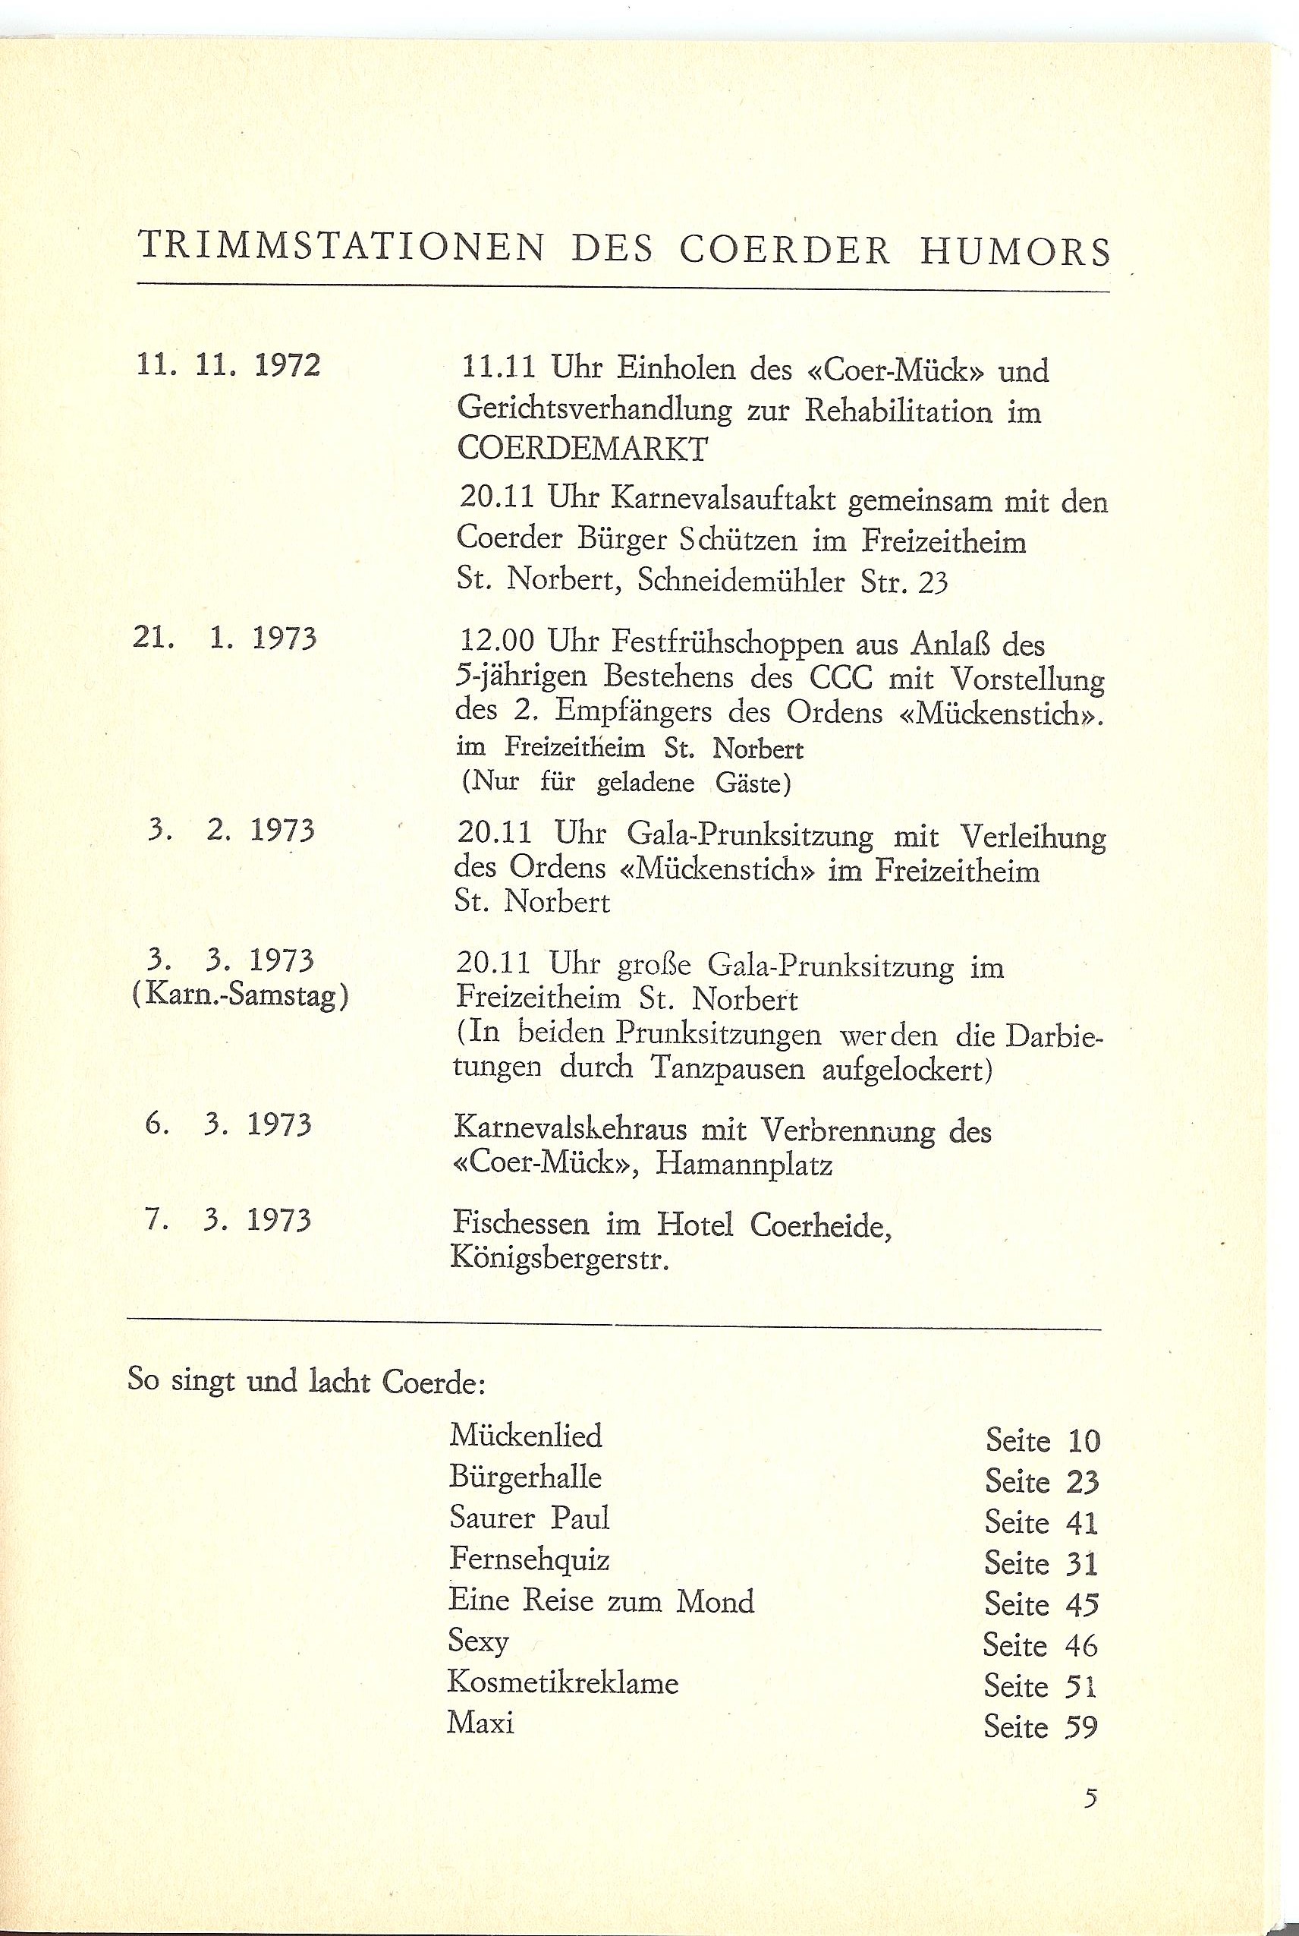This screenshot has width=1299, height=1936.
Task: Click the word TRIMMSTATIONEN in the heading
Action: (341, 248)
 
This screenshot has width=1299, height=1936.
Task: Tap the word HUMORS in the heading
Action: (1015, 251)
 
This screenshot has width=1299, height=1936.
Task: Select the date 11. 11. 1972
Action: (228, 365)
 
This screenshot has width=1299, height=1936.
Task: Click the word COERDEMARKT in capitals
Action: (583, 449)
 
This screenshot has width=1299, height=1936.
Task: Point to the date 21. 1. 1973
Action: (225, 639)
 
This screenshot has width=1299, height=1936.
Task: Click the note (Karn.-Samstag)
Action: (241, 995)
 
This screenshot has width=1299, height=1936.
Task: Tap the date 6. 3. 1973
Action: (228, 1125)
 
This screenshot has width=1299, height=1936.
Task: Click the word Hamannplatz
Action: (744, 1165)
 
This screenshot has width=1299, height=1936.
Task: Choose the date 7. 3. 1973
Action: (228, 1220)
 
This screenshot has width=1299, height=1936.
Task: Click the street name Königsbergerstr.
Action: (559, 1260)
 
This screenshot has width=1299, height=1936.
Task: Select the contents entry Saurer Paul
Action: (530, 1518)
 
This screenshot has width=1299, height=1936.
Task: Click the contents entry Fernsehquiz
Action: (530, 1559)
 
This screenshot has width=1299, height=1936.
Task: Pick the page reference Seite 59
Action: (1041, 1726)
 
